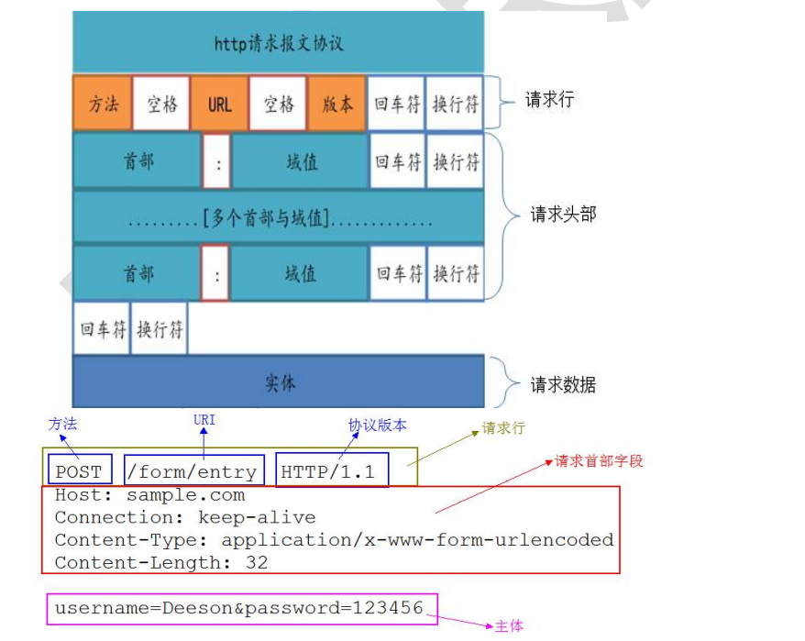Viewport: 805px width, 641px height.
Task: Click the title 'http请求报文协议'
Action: pos(278,44)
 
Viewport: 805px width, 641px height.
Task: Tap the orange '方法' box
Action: pos(103,104)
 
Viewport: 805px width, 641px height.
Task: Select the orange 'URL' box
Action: pos(219,104)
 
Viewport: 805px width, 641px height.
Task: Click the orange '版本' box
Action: pos(336,104)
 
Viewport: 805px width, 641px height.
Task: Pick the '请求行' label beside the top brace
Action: pos(549,100)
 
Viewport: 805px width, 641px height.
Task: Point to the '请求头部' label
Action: pos(563,215)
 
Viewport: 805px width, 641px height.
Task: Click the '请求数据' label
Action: pos(563,385)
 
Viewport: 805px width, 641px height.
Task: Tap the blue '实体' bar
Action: pos(278,382)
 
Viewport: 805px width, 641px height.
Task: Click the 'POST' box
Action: pos(79,472)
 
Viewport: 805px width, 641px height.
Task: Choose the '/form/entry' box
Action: pos(193,472)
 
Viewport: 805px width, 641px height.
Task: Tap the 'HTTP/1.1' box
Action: pos(328,472)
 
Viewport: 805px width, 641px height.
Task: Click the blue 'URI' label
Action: pos(204,420)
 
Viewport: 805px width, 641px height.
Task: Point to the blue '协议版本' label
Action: pos(377,425)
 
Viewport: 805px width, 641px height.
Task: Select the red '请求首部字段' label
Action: pos(599,461)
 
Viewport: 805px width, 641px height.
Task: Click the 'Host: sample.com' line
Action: pos(149,495)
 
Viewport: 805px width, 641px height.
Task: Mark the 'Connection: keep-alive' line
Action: pos(184,517)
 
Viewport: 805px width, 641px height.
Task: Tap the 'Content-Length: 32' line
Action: pos(160,562)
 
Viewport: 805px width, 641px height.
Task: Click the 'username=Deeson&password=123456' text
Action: pos(238,608)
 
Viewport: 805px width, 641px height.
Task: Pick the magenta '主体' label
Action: pos(509,626)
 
